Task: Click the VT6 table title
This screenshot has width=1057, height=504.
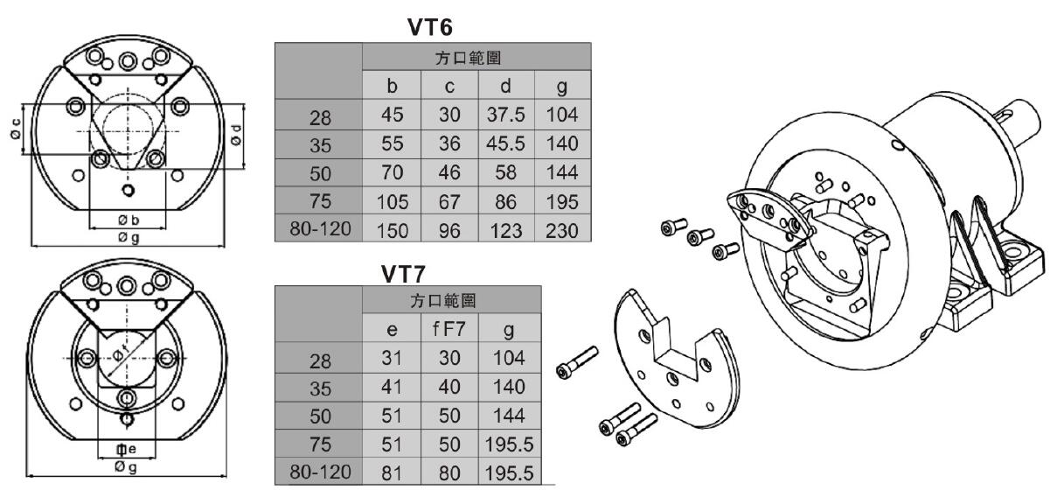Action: [x=430, y=27]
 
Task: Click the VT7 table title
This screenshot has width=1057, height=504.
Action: [x=403, y=274]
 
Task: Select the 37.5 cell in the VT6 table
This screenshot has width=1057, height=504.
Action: [x=505, y=115]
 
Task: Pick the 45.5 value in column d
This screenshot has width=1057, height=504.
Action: [x=505, y=143]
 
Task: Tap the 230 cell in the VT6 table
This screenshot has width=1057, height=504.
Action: [x=562, y=230]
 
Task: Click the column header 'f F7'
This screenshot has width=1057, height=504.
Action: [x=449, y=329]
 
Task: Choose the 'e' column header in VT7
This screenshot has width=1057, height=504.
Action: [x=392, y=330]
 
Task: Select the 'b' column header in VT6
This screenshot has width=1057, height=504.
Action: [x=392, y=86]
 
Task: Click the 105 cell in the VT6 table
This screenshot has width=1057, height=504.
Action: [x=393, y=202]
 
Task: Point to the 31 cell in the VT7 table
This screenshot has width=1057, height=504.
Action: [x=392, y=358]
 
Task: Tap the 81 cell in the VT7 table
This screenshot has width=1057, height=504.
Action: [x=392, y=472]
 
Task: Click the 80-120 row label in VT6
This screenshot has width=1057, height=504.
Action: [x=320, y=229]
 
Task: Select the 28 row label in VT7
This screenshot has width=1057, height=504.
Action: [x=320, y=361]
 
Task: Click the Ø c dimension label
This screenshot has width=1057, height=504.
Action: [x=15, y=129]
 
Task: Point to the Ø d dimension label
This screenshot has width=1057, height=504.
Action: [x=236, y=135]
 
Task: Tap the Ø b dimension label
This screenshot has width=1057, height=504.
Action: [x=129, y=220]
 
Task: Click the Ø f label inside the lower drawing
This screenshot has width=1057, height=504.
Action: [x=121, y=353]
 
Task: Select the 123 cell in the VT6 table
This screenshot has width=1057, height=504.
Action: [x=506, y=230]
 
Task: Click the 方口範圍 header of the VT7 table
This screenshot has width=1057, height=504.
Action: [x=442, y=300]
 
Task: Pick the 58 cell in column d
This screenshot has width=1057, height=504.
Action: [x=505, y=172]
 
